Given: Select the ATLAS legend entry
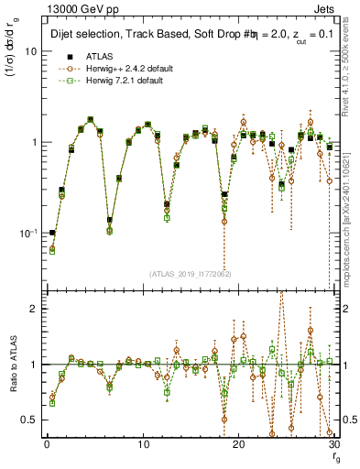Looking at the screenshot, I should click(x=98, y=56).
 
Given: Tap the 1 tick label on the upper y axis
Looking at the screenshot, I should click(x=35, y=143).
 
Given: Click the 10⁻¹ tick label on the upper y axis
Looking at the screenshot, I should click(x=30, y=234).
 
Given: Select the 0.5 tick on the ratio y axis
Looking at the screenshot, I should click(x=31, y=420).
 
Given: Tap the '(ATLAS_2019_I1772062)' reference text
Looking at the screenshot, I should click(x=191, y=274).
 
